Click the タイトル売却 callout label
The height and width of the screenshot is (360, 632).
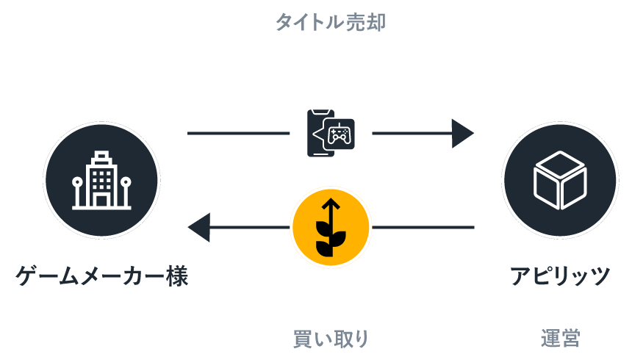click(331, 23)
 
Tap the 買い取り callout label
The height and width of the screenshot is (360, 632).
click(331, 339)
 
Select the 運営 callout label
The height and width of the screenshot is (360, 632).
click(560, 339)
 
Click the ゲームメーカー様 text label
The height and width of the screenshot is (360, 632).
click(102, 276)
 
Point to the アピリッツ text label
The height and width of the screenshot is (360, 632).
click(561, 276)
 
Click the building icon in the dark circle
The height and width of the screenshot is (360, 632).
click(101, 180)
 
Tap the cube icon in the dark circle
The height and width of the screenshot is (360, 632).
click(560, 180)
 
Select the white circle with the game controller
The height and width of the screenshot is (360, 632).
click(331, 134)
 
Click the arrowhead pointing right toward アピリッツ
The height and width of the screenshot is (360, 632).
click(462, 134)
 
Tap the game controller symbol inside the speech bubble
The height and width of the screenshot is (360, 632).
click(340, 134)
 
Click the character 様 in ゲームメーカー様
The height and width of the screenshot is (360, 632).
click(177, 276)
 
